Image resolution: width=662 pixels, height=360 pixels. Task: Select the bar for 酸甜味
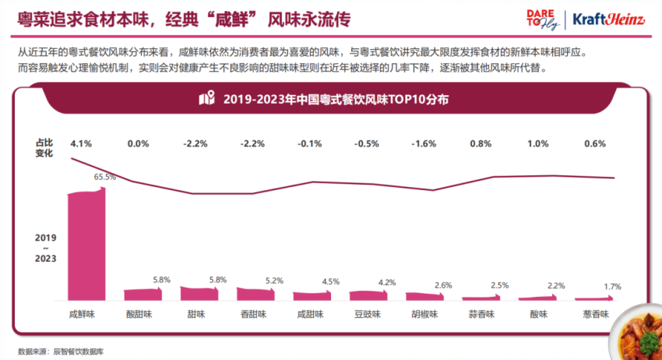point(142,294)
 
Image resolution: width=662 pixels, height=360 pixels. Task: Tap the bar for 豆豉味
point(367,295)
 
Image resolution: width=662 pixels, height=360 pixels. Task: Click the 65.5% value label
point(105,177)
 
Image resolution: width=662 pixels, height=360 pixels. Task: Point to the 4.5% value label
point(331,282)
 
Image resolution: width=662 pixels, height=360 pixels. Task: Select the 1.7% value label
point(612,287)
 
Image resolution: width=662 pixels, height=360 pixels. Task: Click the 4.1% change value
point(82,144)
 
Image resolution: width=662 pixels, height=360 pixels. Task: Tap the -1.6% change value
point(423,144)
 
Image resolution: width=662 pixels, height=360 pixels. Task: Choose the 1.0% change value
point(537,144)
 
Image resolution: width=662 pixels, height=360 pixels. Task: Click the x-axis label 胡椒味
point(424,315)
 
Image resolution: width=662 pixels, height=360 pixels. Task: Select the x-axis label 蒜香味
point(481,315)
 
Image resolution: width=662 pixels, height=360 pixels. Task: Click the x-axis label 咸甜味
point(312,315)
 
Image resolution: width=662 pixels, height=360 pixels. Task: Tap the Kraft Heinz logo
point(611,18)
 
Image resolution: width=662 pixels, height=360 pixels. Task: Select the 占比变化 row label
point(44,148)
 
